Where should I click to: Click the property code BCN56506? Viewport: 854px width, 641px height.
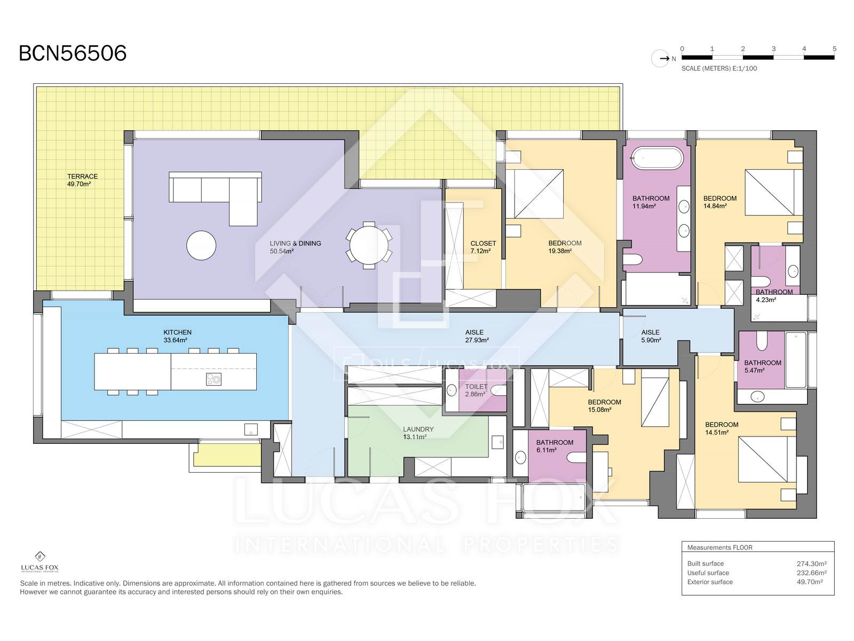pos(73,53)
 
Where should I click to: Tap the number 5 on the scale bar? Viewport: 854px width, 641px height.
pos(834,49)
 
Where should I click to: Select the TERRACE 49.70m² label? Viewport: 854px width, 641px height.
pos(82,180)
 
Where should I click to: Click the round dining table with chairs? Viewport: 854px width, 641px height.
pos(369,245)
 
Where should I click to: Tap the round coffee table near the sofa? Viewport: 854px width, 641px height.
pos(201,245)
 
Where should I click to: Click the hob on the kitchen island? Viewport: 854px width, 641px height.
pos(213,379)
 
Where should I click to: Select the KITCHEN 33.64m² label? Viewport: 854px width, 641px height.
pos(177,336)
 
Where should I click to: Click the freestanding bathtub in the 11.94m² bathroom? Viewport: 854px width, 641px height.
pos(657,158)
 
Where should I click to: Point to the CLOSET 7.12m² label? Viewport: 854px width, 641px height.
pos(483,247)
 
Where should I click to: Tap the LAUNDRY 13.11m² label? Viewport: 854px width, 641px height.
pos(418,433)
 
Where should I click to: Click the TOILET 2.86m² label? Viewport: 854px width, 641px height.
pos(476,390)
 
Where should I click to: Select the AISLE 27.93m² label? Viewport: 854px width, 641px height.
pos(476,336)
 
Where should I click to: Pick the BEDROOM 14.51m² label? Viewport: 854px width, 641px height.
pos(721,428)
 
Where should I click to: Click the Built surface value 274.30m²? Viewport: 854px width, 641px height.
pos(812,564)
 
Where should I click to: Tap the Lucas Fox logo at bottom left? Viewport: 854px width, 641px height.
pos(39,561)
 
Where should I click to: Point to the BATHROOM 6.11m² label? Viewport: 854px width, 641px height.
pos(555,446)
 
